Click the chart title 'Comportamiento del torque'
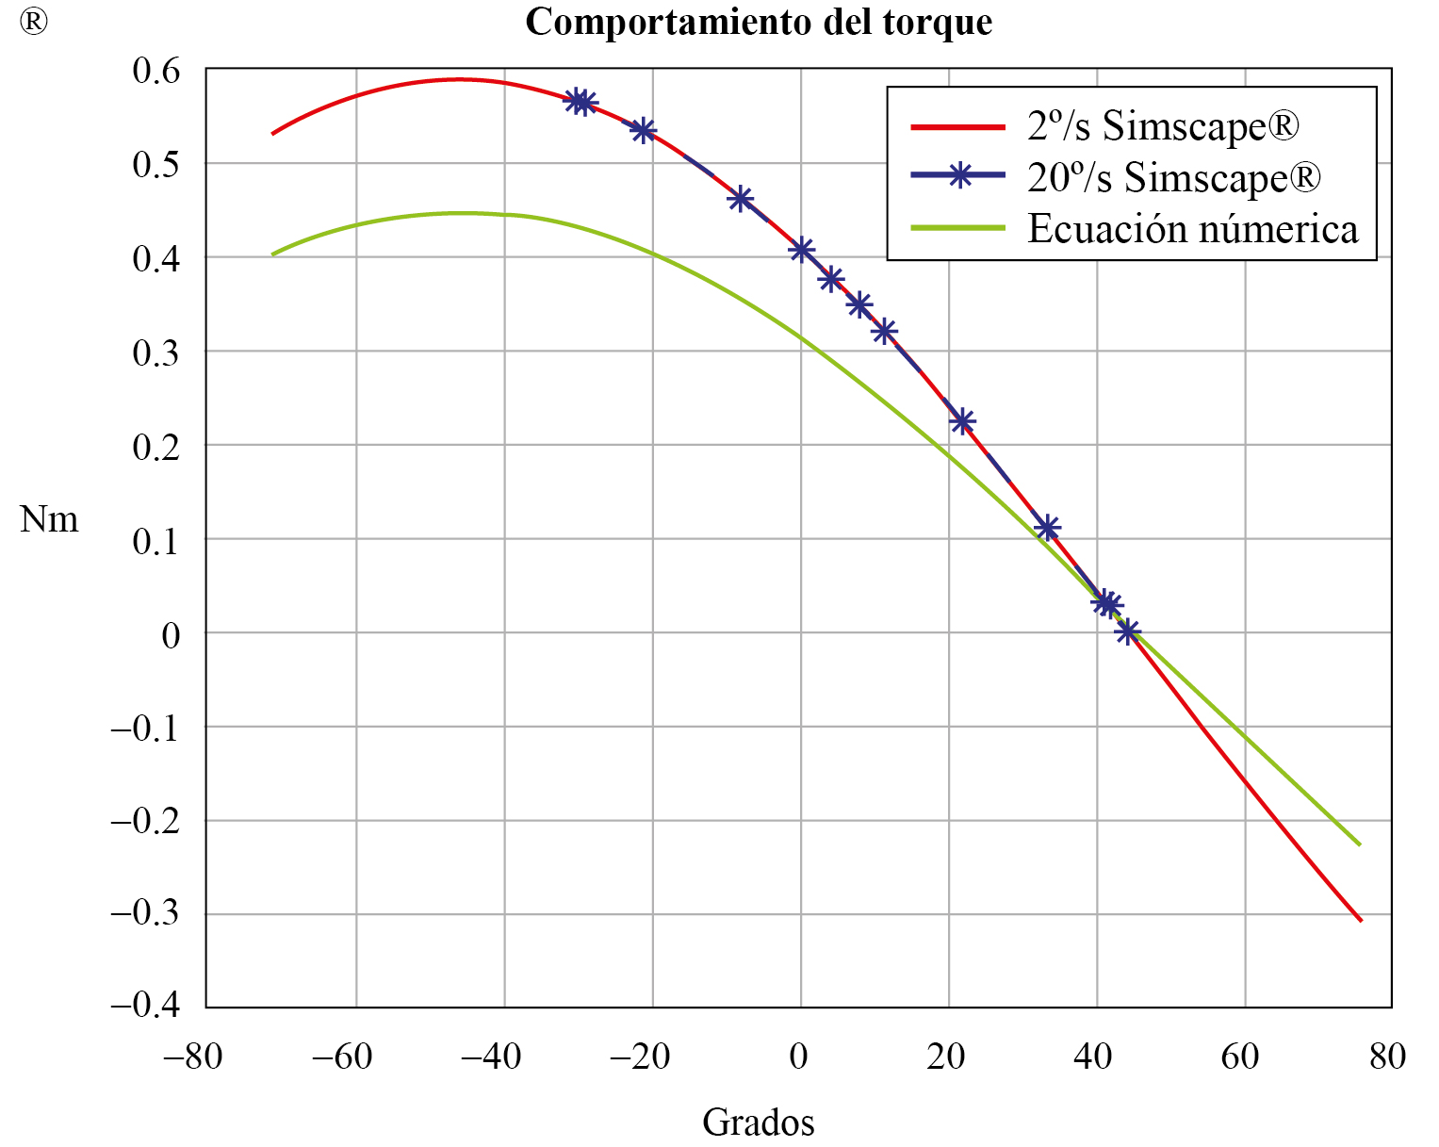[759, 22]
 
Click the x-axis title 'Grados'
[759, 1122]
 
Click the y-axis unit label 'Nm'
[49, 519]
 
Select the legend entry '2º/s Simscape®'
[1163, 126]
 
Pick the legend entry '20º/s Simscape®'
[1173, 177]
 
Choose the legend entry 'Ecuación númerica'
[1192, 229]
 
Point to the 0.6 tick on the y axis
[156, 71]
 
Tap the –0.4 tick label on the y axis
[146, 1006]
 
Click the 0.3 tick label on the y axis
[156, 352]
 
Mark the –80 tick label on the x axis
[193, 1057]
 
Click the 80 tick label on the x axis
[1387, 1057]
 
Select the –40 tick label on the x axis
[491, 1057]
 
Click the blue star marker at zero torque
[1127, 631]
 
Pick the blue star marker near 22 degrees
[962, 421]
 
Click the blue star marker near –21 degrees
[644, 130]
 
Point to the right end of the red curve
[1360, 920]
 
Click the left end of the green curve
[273, 254]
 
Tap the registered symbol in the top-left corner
[33, 22]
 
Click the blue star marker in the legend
[959, 176]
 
